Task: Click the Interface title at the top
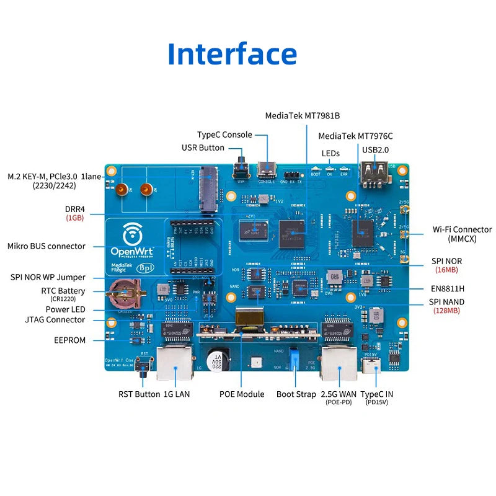pos(232,54)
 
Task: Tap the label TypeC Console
pos(224,135)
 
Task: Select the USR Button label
pos(203,148)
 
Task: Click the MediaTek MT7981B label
pos(303,115)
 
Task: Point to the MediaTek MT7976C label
pos(355,136)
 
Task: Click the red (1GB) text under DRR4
pos(74,218)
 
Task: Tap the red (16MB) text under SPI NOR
pos(446,270)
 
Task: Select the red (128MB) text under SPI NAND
pos(446,311)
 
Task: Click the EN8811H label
pos(447,288)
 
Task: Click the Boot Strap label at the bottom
pos(296,394)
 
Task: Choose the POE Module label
pos(242,394)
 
